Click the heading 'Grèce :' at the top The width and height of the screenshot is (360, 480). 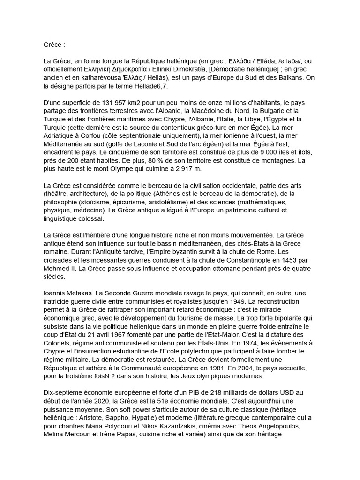[54, 45]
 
